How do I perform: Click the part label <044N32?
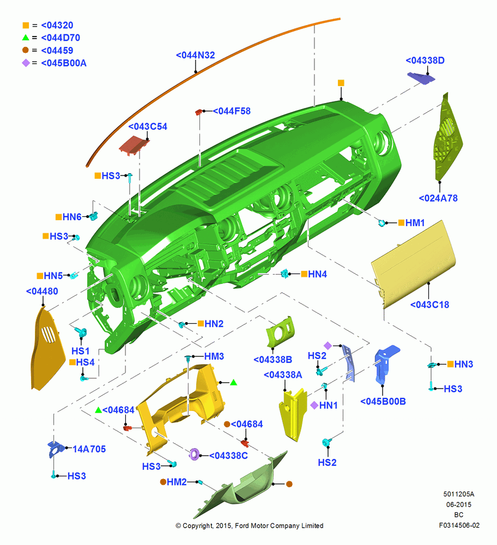coord(195,55)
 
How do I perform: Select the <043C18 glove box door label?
coord(429,305)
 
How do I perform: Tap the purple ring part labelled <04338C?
coord(194,455)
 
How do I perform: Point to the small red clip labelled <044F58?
coord(199,112)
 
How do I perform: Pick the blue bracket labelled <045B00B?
coord(386,364)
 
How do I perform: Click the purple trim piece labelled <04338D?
coord(421,78)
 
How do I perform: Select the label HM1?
coord(415,223)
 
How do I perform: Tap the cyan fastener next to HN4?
coord(285,274)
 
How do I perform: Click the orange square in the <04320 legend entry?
coord(26,26)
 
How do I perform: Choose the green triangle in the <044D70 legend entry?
coord(26,38)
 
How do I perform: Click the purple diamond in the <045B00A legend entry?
coord(26,63)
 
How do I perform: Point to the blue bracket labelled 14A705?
coord(55,449)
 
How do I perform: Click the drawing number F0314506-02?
coord(459,525)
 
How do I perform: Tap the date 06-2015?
coord(459,504)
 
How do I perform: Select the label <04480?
coord(42,291)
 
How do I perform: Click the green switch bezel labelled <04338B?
coord(280,331)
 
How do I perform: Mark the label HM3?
coord(214,356)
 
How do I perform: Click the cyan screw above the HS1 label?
coord(82,332)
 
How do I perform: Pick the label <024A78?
coord(438,198)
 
